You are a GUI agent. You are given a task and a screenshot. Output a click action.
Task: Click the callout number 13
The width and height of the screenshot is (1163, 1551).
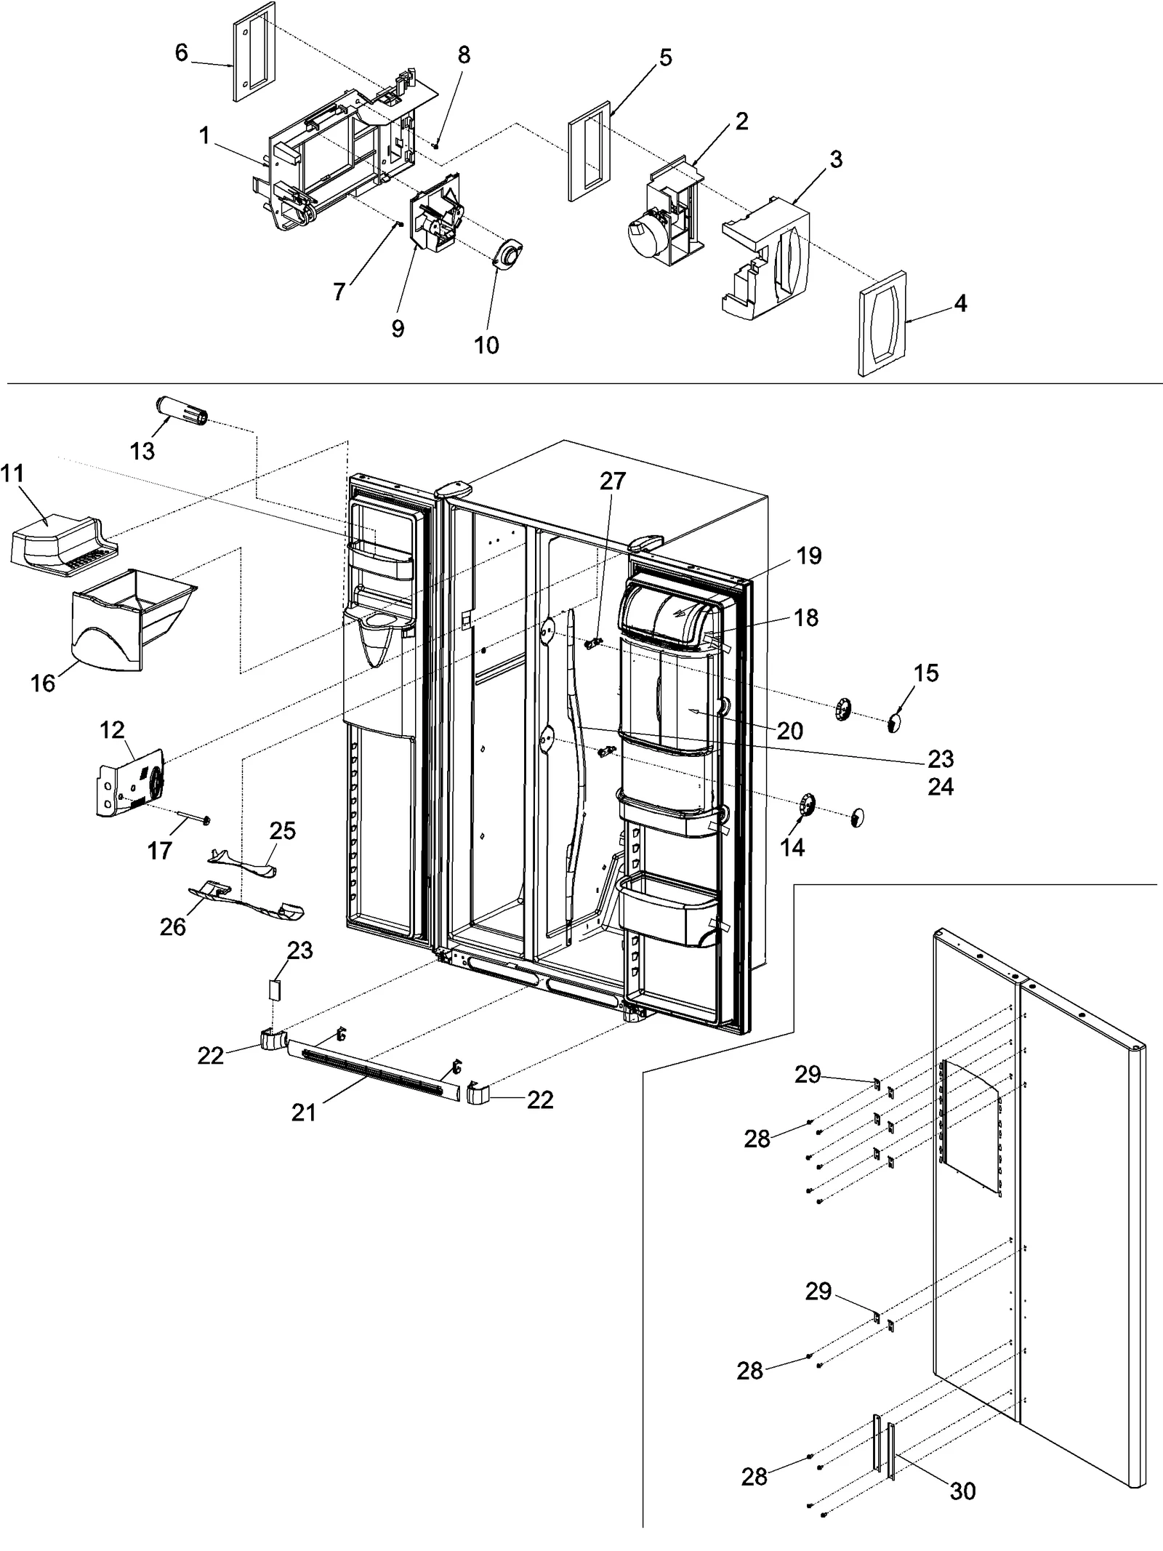142,451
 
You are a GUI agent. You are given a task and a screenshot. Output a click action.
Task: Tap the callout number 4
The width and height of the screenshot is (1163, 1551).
960,303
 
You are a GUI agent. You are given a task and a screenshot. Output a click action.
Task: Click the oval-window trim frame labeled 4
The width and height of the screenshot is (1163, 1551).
882,324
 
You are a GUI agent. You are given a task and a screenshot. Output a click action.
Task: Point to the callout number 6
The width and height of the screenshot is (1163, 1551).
181,52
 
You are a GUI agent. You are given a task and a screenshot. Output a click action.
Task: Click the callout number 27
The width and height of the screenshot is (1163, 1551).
612,481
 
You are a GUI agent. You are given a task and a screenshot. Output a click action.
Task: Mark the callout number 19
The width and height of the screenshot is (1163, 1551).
808,556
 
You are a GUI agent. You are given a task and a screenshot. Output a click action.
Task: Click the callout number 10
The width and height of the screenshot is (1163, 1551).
486,345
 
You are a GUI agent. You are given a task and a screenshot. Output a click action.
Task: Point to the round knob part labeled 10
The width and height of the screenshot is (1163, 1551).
509,256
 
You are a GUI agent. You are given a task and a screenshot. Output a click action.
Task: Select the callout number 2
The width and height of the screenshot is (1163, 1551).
741,121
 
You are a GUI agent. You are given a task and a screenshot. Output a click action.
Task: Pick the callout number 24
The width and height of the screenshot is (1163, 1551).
940,787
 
